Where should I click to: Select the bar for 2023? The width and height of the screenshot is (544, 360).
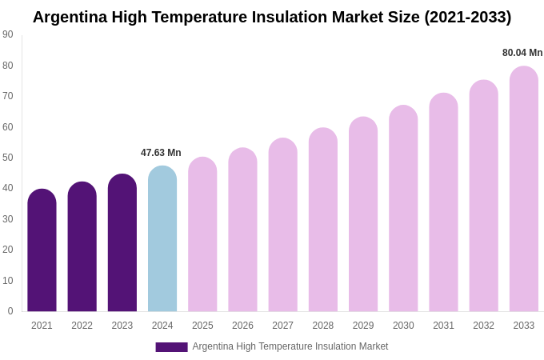tap(122, 243)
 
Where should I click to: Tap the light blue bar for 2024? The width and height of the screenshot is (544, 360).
tap(162, 239)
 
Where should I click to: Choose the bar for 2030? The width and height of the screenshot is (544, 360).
tap(403, 209)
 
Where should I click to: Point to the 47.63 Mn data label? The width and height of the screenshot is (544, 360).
tap(161, 153)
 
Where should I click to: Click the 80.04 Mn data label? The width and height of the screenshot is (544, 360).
tap(522, 53)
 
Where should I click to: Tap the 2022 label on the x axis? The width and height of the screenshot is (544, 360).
tap(82, 326)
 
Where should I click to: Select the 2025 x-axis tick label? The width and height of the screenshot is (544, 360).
tap(202, 326)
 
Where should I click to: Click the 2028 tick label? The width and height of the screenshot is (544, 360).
tap(323, 326)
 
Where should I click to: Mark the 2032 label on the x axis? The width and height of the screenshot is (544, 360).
tap(483, 326)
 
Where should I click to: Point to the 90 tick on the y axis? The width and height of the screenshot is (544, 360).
tap(8, 34)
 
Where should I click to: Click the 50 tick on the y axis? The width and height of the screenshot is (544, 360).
tap(8, 158)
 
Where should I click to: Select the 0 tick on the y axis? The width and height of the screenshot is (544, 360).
tap(10, 311)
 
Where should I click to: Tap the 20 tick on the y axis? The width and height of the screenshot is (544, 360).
tap(8, 250)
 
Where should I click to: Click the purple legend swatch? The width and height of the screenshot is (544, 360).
tap(171, 347)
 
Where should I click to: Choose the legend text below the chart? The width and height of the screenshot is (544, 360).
tap(290, 346)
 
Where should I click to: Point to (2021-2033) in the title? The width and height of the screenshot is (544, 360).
tap(467, 17)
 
